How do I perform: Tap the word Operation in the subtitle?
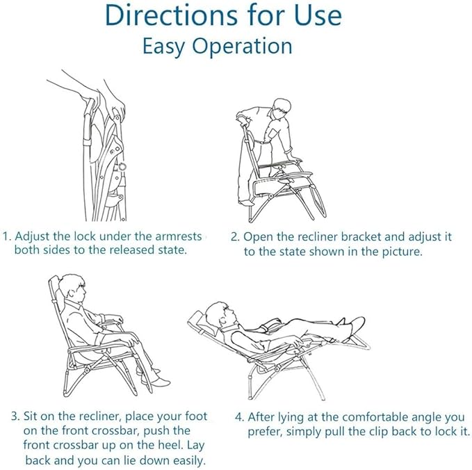point(242,47)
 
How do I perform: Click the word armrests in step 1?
point(178,236)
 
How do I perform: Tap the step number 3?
point(15,416)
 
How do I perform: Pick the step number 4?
point(240,417)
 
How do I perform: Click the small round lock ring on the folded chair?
point(122,166)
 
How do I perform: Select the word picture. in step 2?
point(402,251)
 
